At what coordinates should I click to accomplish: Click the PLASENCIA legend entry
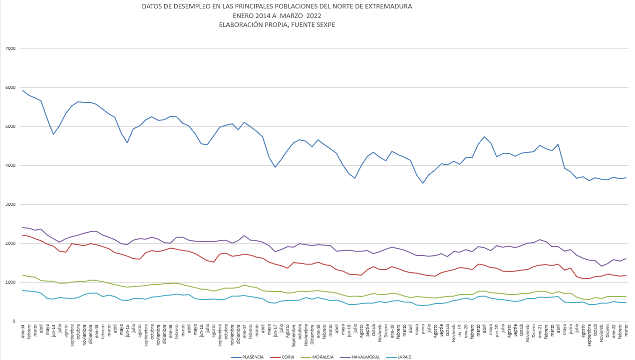click(252, 357)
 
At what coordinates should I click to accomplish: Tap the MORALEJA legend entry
click(324, 357)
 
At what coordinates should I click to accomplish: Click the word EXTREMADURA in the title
click(388, 6)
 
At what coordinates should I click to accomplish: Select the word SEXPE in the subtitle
click(325, 24)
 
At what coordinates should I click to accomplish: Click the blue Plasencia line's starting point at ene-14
click(23, 90)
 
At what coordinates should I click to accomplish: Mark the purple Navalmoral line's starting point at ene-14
click(23, 228)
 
